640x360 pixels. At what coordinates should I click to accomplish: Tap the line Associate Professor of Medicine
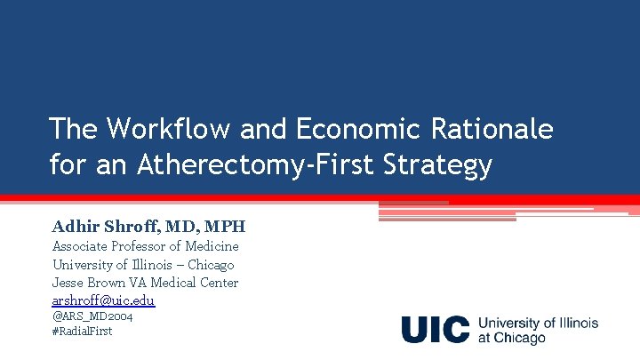145,246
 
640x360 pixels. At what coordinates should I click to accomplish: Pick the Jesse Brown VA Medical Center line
145,283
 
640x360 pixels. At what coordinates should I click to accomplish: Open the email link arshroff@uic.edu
103,300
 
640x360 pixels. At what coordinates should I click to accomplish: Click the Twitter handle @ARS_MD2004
92,316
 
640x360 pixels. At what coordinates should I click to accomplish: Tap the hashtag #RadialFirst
82,331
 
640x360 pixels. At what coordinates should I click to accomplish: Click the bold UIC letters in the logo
435,329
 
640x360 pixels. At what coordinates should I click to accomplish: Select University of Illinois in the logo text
538,323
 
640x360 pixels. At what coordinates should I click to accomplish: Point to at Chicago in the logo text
512,338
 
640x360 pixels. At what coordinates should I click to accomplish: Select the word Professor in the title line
146,246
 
